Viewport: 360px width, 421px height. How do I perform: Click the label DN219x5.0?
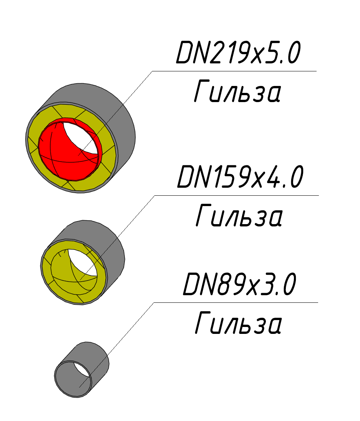click(x=238, y=53)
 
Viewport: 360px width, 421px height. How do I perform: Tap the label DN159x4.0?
click(x=240, y=177)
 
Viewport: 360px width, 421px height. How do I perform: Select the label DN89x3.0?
click(x=239, y=284)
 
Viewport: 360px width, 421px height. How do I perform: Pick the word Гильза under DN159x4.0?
click(x=239, y=215)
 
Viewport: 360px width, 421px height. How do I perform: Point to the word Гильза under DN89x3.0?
click(x=238, y=323)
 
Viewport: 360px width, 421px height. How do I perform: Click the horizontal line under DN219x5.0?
click(x=234, y=71)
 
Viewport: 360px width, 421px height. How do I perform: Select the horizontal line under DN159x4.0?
click(x=237, y=195)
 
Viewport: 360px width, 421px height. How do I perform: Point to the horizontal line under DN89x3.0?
click(x=236, y=302)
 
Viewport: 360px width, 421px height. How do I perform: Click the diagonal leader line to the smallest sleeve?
click(x=116, y=345)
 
